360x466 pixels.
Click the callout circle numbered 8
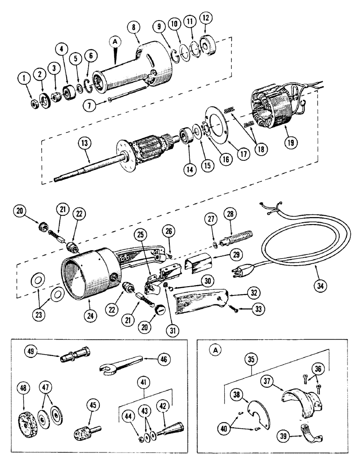pyautogui.click(x=134, y=27)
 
